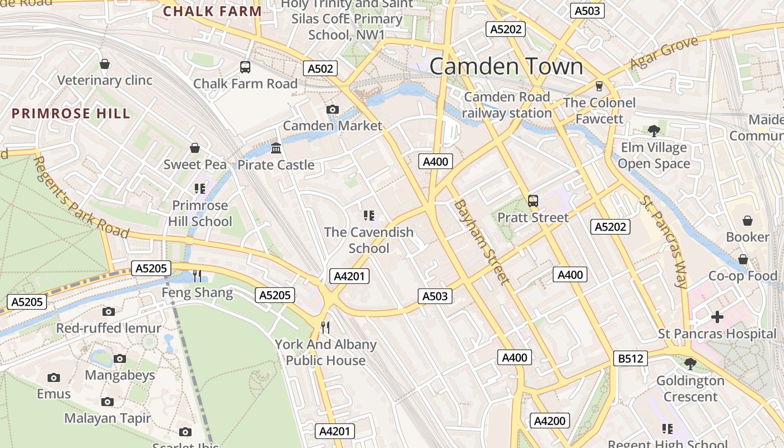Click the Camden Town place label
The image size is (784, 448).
[x=506, y=67]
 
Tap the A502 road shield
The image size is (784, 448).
[x=321, y=69]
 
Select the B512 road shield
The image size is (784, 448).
[x=631, y=358]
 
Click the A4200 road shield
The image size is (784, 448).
[x=550, y=421]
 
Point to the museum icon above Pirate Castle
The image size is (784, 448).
[x=276, y=148]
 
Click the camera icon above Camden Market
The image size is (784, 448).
[x=332, y=109]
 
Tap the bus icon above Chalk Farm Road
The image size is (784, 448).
[x=245, y=67]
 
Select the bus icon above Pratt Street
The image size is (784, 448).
[x=533, y=200]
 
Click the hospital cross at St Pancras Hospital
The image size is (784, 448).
[x=717, y=317]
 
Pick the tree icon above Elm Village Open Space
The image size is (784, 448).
[x=654, y=131]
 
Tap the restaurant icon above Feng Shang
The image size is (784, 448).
[x=197, y=276]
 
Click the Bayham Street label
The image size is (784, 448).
[x=482, y=242]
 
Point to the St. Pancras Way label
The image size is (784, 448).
[x=664, y=242]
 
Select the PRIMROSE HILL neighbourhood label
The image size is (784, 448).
[x=71, y=114]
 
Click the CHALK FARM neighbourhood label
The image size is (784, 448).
[x=212, y=11]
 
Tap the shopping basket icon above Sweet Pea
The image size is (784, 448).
[x=195, y=148]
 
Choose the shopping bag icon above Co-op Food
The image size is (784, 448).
[x=743, y=259]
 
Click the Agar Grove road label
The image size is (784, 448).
[x=664, y=53]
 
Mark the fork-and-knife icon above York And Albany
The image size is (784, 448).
[x=325, y=326]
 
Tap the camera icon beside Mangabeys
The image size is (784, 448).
[x=120, y=358]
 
